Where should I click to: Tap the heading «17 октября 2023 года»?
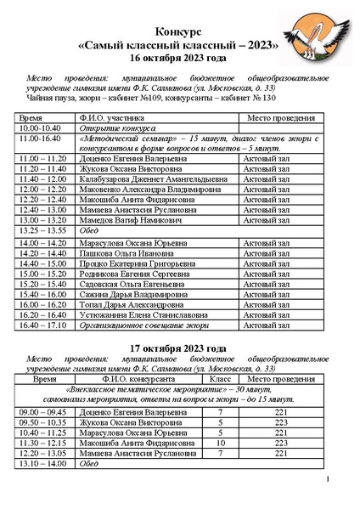[179, 348]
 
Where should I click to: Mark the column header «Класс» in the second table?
[221, 380]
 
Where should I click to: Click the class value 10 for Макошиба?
[221, 443]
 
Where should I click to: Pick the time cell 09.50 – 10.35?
[42, 421]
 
